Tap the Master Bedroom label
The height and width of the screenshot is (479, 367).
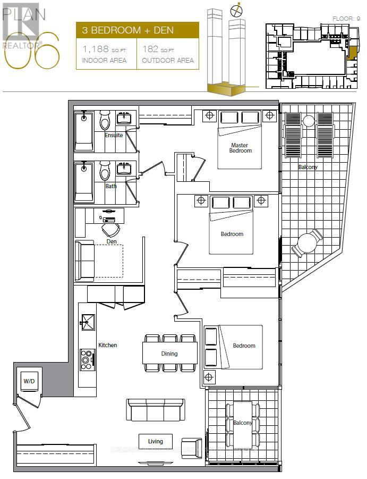[241, 148]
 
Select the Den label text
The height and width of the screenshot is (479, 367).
[112, 241]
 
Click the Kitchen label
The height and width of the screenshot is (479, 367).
[108, 345]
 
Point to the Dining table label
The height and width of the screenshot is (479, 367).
[170, 354]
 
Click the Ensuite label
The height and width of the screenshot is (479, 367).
[114, 135]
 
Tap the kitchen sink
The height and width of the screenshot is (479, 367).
[87, 320]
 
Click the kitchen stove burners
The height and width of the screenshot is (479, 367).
[86, 360]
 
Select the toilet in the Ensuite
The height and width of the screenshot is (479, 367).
[105, 123]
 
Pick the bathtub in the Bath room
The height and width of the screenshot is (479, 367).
[84, 182]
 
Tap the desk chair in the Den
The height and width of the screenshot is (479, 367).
[111, 230]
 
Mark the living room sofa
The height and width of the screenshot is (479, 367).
[155, 410]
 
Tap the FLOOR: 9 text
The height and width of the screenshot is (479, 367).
[346, 19]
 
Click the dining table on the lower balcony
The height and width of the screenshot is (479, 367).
[244, 424]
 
